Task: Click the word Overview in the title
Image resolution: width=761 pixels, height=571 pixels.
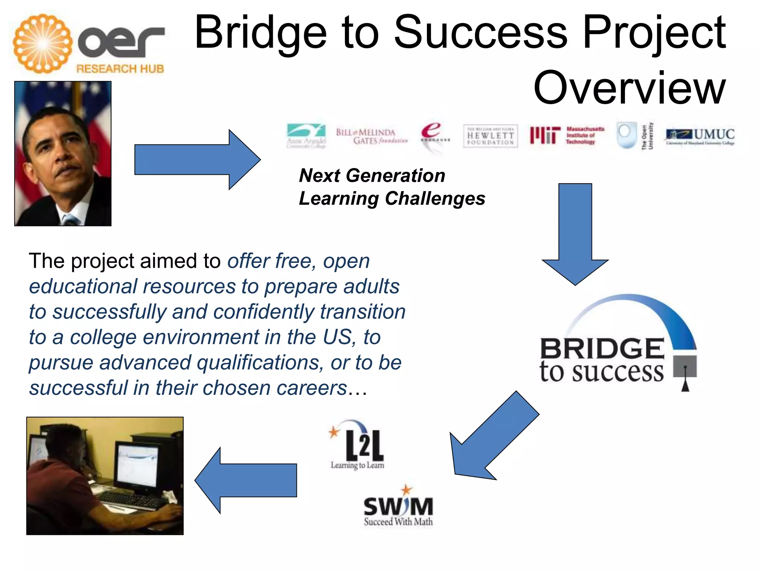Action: (629, 88)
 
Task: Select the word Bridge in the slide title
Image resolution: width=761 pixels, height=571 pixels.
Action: (260, 33)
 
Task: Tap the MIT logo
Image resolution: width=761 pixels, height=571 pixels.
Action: (567, 135)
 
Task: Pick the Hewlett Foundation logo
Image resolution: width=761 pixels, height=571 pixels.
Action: (490, 136)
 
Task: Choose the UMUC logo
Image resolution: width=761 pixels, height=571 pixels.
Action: (700, 136)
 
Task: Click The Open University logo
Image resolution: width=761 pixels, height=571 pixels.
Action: (634, 136)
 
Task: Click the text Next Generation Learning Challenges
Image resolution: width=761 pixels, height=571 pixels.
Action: (391, 187)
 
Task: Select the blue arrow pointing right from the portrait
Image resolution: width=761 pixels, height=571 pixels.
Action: (197, 160)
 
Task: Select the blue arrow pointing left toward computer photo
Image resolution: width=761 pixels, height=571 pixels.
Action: (245, 480)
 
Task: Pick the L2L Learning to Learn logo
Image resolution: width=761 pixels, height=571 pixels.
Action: (357, 446)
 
